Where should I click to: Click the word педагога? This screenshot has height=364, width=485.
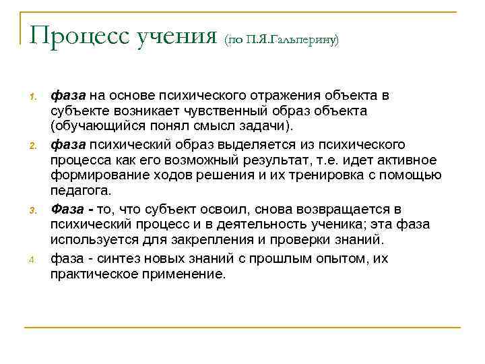[x=78, y=191]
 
